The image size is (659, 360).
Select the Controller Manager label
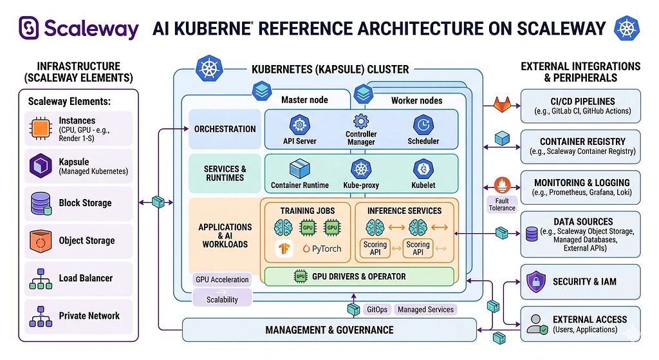pos(361,138)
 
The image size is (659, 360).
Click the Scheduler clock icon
pos(423,124)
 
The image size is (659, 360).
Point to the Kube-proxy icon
pos(361,169)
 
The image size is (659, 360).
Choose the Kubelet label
pos(423,185)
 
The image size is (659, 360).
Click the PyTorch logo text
pos(321,249)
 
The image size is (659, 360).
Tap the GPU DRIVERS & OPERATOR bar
pos(359,276)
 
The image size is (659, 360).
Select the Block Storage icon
pos(41,203)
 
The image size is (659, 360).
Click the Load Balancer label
pos(86,278)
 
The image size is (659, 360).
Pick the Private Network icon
pos(41,316)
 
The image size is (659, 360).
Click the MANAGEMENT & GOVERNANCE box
pos(329,330)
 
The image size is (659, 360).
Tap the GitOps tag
pos(376,309)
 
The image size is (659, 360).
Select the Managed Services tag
pos(425,309)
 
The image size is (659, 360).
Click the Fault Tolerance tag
pos(502,205)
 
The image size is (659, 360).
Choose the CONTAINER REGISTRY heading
pos(582,142)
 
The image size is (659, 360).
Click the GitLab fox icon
pos(502,103)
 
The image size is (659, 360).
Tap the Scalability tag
pos(222,299)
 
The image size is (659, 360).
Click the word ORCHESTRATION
pos(225,129)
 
